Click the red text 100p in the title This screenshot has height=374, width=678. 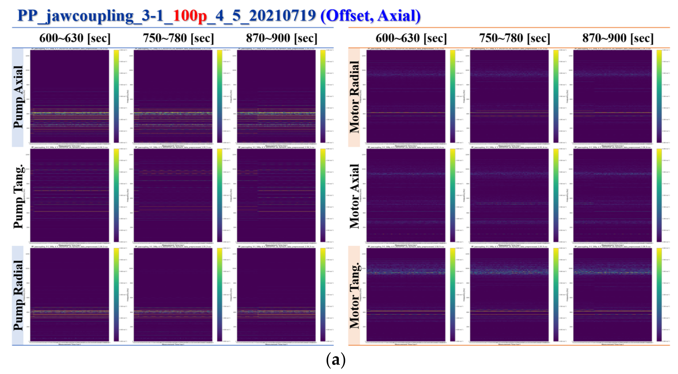[190, 16]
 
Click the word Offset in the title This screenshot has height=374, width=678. [347, 16]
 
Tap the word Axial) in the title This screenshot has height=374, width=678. [399, 16]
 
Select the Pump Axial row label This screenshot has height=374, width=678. [18, 97]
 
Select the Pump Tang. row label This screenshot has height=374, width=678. [18, 196]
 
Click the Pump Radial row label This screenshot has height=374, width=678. [18, 295]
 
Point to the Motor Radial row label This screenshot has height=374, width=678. [354, 97]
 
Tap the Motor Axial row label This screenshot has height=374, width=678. [354, 196]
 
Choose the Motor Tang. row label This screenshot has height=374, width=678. [354, 295]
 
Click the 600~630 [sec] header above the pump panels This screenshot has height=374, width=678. [75, 38]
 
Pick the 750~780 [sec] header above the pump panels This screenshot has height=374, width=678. [178, 38]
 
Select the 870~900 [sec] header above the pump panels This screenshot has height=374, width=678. [281, 38]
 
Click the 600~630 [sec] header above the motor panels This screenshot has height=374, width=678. [411, 38]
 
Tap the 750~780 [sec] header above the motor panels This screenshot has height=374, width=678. [515, 38]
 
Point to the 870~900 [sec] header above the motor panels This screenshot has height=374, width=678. [618, 38]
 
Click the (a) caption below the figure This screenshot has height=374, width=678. [335, 360]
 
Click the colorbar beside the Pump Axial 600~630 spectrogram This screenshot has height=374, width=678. [116, 96]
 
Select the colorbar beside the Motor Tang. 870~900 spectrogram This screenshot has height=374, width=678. [659, 295]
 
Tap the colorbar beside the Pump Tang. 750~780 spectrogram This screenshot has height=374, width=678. [219, 195]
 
